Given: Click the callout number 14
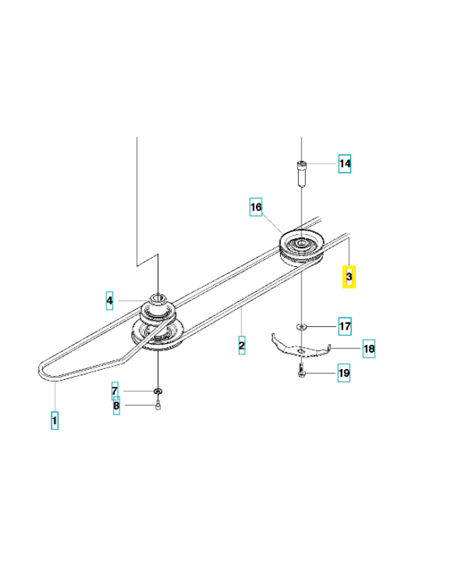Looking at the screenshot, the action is (344, 163).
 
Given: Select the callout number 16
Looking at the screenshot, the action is (256, 207).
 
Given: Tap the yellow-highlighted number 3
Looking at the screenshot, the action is (349, 277).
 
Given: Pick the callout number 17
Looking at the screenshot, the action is (344, 326).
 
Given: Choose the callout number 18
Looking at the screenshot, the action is (369, 348).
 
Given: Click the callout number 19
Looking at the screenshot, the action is (344, 373).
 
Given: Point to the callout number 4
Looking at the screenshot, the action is (109, 300).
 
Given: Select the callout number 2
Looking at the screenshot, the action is (242, 345).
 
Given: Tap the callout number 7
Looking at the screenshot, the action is (115, 391).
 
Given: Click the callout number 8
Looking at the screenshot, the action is (116, 405).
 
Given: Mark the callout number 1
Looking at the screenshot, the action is (54, 420).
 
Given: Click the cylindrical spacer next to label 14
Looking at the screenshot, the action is (301, 173).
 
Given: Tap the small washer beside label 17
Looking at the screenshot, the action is (301, 327).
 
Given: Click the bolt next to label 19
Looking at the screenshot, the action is (301, 371).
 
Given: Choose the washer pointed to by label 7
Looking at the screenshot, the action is (158, 391).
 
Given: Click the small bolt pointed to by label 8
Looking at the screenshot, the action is (158, 405).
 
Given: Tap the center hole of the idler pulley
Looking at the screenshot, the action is (301, 243).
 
